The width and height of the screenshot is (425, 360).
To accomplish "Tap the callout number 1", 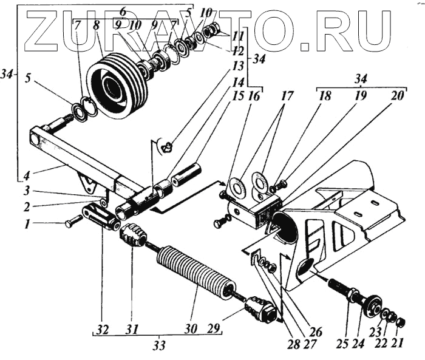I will pyautogui.click(x=27, y=224).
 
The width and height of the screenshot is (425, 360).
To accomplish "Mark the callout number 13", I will pyautogui.click(x=237, y=64).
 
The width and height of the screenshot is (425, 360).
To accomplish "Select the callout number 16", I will pyautogui.click(x=254, y=95).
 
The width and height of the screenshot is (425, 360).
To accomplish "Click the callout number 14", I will pyautogui.click(x=238, y=81).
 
